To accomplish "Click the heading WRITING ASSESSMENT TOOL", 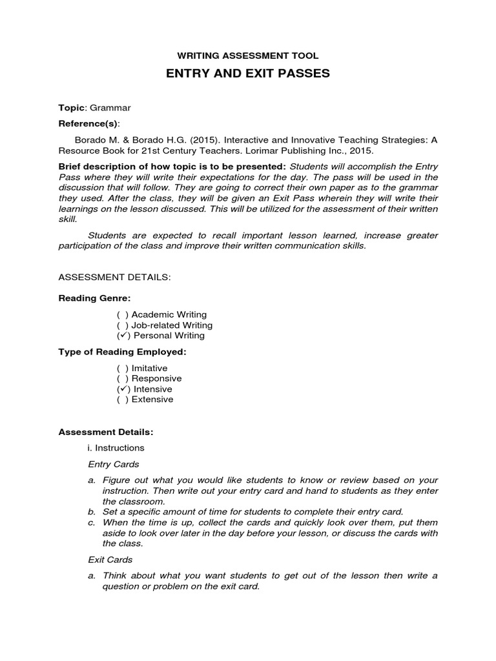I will (x=249, y=56).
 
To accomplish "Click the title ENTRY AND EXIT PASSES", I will (x=248, y=74).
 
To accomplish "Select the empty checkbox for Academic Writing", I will (x=121, y=314).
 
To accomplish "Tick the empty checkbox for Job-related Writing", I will (x=121, y=325).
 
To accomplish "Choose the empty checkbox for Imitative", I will (x=121, y=368).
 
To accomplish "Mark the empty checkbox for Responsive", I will (x=121, y=378).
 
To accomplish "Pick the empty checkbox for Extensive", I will (x=121, y=400).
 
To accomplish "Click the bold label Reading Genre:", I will (x=94, y=298).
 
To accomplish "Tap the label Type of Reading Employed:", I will (x=122, y=352).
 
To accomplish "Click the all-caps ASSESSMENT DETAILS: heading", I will (x=114, y=277).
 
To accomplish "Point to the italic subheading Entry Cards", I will (x=113, y=464).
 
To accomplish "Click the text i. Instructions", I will (x=116, y=447).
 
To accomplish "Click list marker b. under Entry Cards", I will (x=92, y=512).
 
